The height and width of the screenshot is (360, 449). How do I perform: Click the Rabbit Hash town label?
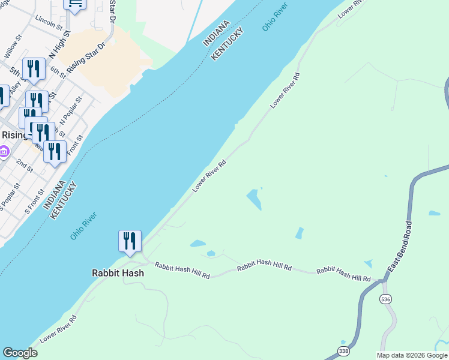(x=118, y=272)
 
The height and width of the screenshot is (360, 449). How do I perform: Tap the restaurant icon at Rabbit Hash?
(x=130, y=241)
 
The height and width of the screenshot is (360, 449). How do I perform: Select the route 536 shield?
(x=385, y=298)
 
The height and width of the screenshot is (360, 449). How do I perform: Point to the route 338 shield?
(x=343, y=351)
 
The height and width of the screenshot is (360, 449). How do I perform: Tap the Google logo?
(x=20, y=353)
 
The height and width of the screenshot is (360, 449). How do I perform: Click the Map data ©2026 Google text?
(x=412, y=355)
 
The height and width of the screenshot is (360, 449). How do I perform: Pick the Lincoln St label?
(x=49, y=23)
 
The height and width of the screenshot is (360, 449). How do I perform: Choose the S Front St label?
(x=35, y=202)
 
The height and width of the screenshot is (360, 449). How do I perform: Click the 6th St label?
(x=58, y=72)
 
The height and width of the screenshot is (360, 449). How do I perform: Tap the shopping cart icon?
(x=75, y=4)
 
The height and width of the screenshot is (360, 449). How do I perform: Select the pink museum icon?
(x=4, y=152)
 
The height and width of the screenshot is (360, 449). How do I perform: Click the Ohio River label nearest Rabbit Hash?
(x=84, y=225)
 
